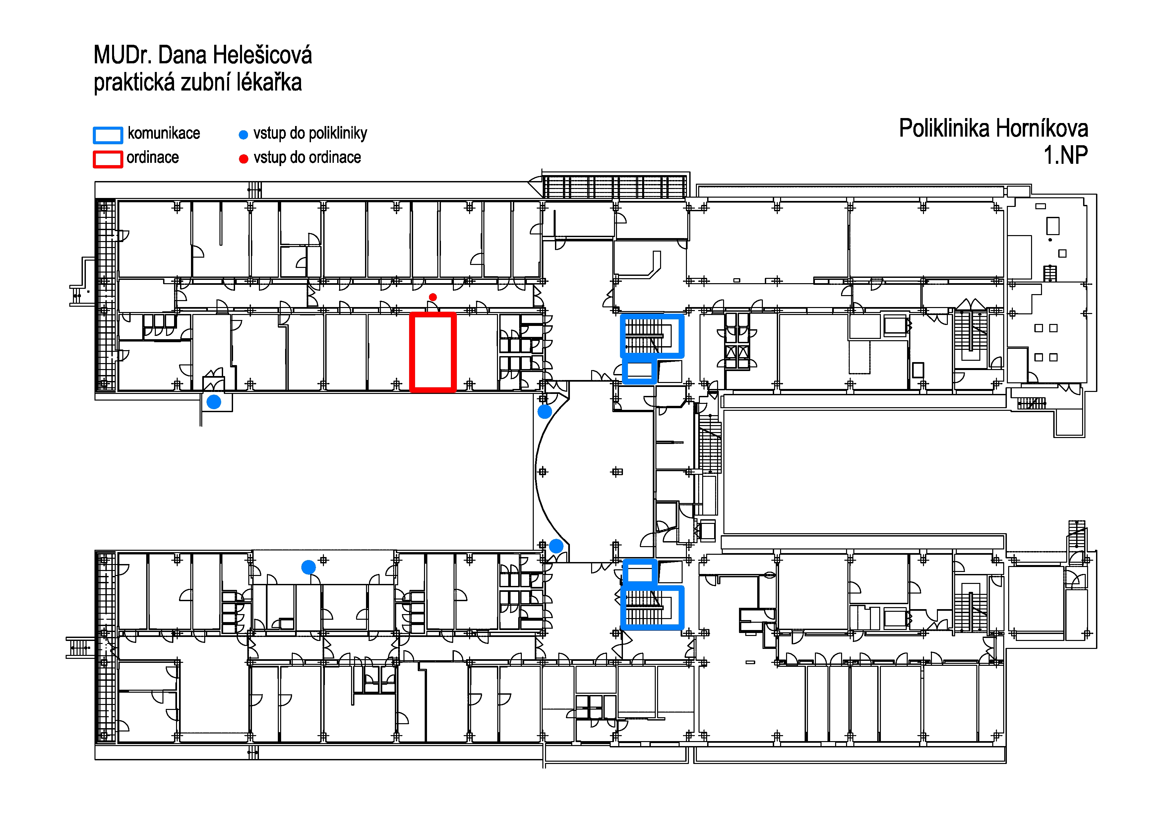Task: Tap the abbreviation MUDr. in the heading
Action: coord(123,55)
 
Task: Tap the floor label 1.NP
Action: coord(1065,155)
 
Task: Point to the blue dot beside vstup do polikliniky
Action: coord(243,135)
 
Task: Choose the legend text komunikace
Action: coord(164,133)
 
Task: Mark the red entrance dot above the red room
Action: coord(433,297)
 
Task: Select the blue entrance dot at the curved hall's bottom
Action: coord(556,546)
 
